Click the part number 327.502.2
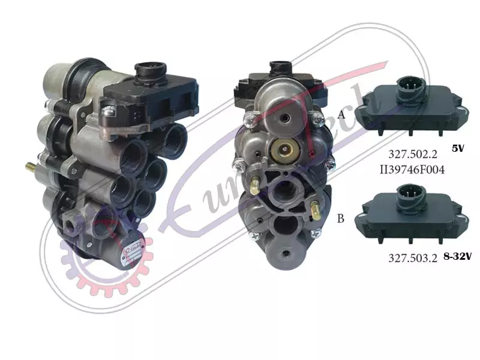413,154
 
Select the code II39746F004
412,169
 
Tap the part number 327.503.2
413,258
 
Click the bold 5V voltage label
458,148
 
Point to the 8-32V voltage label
458,256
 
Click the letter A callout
341,115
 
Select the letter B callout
340,218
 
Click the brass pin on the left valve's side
31,167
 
